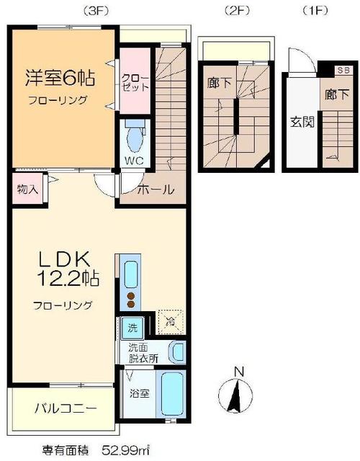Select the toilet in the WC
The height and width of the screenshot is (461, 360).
pos(135,137)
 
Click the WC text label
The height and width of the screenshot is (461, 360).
pos(135,159)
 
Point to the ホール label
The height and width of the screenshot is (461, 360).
pos(155,190)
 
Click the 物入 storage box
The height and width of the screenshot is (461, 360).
pos(26,191)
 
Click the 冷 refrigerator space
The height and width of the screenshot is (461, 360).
pos(171,322)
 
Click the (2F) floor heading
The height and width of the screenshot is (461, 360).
pos(235,10)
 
